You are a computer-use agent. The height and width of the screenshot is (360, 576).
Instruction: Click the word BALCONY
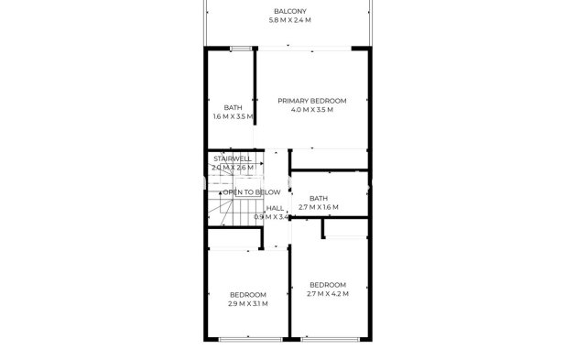289,12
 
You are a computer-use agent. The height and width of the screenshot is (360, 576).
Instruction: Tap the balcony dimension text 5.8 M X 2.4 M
289,20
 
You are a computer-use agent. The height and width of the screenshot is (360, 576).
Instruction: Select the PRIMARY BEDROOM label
312,100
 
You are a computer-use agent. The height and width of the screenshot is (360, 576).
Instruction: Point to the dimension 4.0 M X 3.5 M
312,109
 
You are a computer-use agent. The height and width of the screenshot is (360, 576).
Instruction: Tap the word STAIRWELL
232,158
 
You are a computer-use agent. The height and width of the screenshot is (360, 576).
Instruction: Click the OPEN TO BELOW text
252,192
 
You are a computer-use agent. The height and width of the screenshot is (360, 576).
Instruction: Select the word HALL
275,208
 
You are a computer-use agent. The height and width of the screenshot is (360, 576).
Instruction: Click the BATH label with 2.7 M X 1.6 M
319,199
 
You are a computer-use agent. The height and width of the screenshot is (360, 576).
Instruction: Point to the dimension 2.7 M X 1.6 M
319,208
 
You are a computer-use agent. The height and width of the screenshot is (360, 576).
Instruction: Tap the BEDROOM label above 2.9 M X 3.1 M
247,294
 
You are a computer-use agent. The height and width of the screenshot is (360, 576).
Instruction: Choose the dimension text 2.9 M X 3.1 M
247,303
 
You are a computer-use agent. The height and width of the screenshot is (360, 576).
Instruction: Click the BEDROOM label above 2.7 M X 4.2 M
328,284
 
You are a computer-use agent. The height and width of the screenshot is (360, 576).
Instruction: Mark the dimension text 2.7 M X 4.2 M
328,293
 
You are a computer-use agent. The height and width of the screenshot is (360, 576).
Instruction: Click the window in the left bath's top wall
242,49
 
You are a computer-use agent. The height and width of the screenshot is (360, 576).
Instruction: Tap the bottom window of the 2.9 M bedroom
248,338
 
